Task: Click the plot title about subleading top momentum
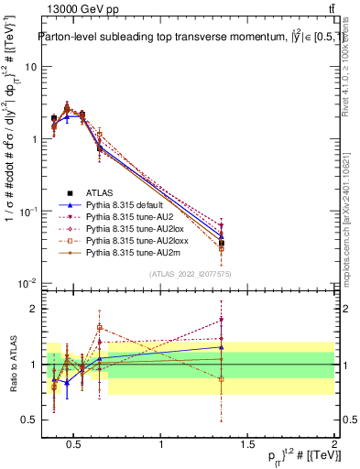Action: coord(183,38)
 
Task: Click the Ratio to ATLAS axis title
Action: coord(11,364)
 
